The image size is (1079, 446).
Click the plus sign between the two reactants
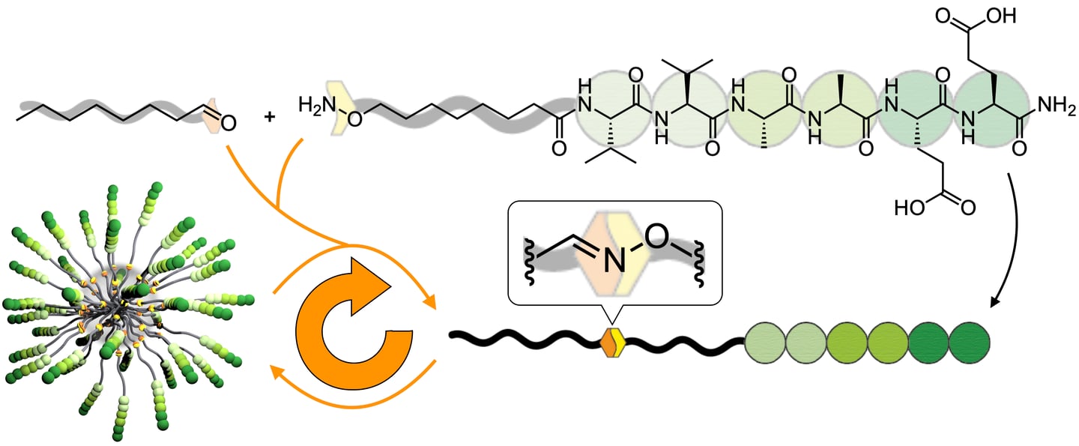coord(271,118)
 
